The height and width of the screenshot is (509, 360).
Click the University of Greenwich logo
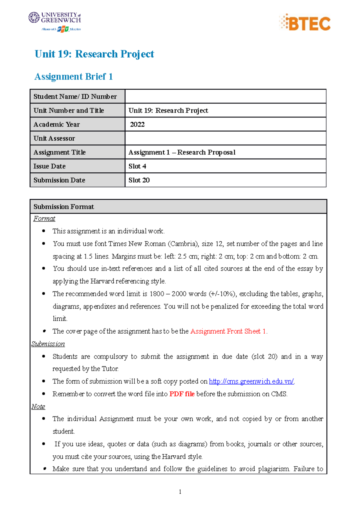(x=55, y=21)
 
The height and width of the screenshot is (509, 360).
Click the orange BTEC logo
(x=305, y=23)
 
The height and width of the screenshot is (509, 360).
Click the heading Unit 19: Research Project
(x=94, y=54)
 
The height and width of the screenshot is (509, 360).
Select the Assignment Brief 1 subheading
(x=73, y=77)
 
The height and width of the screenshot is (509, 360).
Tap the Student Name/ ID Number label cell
(x=75, y=97)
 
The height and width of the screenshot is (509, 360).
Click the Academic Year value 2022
(x=137, y=124)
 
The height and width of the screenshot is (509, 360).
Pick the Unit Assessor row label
(x=54, y=138)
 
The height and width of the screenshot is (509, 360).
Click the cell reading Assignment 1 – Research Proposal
(x=182, y=152)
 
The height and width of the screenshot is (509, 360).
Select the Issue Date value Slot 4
(x=137, y=166)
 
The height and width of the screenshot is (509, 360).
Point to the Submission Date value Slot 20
(x=139, y=180)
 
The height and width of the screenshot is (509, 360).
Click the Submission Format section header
(x=64, y=207)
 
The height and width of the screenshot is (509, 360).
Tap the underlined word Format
(x=44, y=219)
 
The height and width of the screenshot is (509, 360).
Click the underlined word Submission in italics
(x=48, y=344)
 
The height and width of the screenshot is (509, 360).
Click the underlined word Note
(x=38, y=406)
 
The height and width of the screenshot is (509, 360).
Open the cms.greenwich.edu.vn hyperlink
(x=251, y=381)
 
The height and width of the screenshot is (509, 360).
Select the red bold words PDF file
(x=182, y=394)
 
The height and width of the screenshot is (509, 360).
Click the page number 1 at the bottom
(x=180, y=492)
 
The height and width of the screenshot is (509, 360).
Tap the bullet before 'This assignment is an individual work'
(x=44, y=231)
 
